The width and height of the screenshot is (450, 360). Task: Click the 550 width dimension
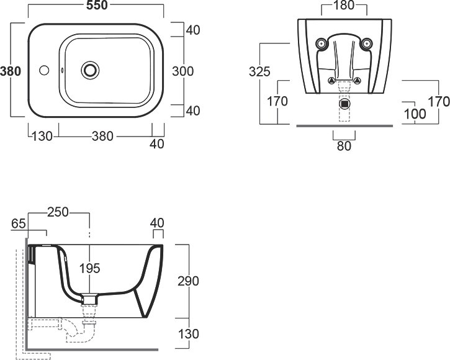point(97,5)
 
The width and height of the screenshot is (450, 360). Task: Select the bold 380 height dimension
point(11,71)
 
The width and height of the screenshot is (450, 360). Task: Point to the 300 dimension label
point(183,71)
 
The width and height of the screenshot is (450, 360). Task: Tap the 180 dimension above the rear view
point(344,6)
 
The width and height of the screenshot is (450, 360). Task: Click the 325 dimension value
point(259,71)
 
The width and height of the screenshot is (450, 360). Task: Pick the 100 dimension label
point(415,114)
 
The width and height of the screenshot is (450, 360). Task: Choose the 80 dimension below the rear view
point(344,146)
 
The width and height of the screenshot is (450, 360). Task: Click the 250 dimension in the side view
point(58,212)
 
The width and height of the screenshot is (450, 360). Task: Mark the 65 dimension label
point(19,223)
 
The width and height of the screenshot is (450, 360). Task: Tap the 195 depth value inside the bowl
point(90,268)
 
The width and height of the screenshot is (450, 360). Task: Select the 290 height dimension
point(188,281)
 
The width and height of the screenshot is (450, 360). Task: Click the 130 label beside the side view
point(189,334)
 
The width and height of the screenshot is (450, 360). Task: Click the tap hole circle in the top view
point(44,70)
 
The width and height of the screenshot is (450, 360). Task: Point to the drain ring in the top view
point(90,70)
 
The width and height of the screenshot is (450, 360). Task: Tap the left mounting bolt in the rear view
point(321,44)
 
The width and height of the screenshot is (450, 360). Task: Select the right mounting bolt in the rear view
point(366,44)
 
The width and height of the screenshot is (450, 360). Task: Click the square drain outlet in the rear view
point(344,104)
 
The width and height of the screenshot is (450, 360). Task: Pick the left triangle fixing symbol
point(332,81)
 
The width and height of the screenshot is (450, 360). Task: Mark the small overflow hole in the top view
point(62,70)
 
